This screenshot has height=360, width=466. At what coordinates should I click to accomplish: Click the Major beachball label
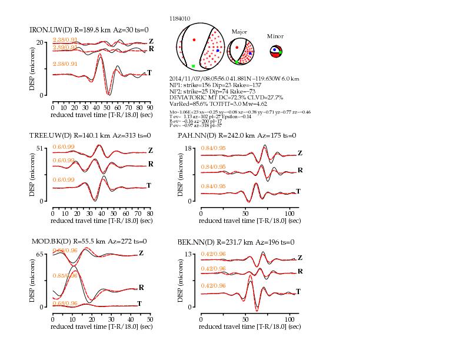(239, 32)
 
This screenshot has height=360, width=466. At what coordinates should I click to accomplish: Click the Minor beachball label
(275, 36)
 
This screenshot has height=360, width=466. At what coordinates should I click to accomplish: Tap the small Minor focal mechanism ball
(277, 52)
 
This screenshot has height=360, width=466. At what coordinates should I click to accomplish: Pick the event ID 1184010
(179, 19)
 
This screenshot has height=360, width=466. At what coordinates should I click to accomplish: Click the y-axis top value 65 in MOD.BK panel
(41, 254)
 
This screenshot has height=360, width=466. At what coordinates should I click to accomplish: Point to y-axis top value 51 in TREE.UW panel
(41, 148)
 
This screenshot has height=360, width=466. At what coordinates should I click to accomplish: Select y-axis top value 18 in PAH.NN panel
(189, 148)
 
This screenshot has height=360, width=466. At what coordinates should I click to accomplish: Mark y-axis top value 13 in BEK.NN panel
(189, 254)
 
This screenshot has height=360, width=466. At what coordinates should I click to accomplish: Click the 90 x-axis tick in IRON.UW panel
(149, 108)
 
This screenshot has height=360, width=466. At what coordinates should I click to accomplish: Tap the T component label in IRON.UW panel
(149, 73)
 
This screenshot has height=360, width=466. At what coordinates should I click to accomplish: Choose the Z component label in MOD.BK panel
(141, 254)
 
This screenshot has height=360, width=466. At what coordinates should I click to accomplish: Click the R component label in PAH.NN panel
(301, 170)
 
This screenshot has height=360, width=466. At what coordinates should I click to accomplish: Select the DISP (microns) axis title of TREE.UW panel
(34, 175)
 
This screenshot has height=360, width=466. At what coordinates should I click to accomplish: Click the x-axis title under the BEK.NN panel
(250, 326)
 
